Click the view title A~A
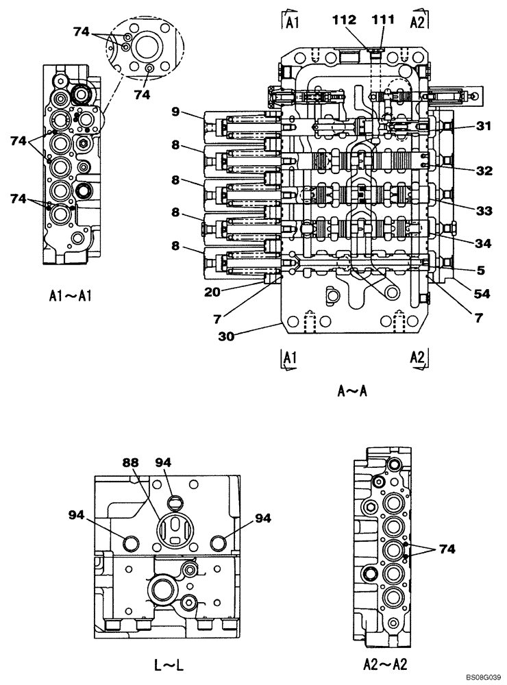tap(353, 391)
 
